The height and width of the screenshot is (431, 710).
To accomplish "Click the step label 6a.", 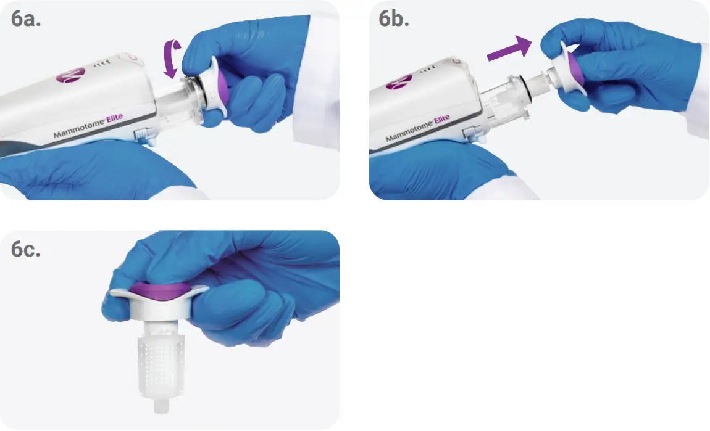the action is click(26, 19).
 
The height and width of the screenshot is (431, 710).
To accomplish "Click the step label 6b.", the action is click(394, 19).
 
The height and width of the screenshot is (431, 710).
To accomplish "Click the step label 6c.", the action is click(26, 248).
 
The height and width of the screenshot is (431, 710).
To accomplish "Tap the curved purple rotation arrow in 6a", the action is click(172, 59).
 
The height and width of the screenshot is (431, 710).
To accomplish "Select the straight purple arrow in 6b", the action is click(509, 49).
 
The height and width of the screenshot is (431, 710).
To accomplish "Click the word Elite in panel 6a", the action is click(115, 118).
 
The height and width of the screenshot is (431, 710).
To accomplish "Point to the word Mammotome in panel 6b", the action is click(409, 132).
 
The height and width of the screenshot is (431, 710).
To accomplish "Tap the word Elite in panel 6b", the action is click(442, 120).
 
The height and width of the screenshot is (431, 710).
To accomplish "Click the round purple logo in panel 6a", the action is click(70, 75).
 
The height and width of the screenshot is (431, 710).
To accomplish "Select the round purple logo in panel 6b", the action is click(398, 81).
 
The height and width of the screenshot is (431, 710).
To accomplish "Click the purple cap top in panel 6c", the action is click(159, 290).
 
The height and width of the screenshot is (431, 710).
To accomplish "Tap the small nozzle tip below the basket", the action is click(161, 406).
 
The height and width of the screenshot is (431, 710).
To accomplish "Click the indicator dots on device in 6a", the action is click(101, 64).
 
